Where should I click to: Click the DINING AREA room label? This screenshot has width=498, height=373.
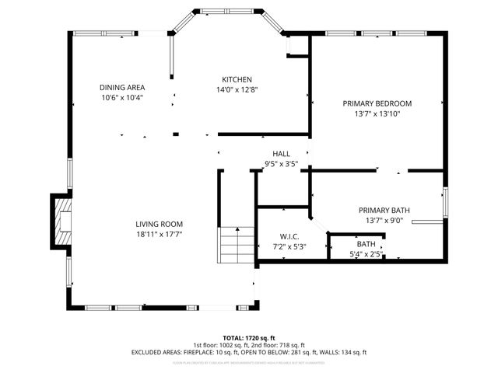(123, 87)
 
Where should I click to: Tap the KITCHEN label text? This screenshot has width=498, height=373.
(237, 79)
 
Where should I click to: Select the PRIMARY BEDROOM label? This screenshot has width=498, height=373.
(377, 103)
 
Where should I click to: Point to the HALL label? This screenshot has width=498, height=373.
(281, 154)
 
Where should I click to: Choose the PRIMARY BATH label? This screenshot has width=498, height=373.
(384, 210)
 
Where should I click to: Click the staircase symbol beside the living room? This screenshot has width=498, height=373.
(236, 246)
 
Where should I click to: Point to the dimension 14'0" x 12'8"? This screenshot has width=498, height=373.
(237, 89)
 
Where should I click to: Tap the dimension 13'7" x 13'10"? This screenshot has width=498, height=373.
(377, 113)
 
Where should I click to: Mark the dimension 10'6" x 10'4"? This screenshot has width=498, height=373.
(123, 98)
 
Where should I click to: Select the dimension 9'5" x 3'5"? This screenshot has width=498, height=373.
(281, 164)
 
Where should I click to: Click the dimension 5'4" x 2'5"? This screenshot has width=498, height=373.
(366, 254)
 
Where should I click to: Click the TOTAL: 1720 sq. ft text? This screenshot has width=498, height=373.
(249, 338)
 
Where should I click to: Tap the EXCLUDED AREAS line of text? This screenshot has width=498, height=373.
(249, 352)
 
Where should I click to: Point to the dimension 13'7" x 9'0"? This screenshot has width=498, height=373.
(384, 220)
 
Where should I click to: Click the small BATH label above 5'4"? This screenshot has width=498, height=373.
(366, 244)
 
